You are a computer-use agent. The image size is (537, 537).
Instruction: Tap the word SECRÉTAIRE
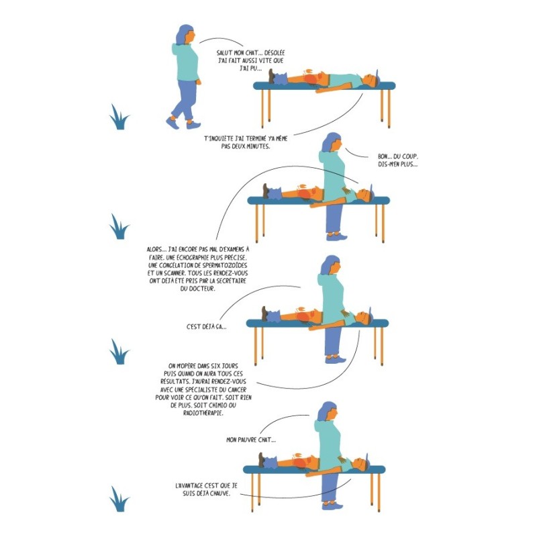coord(229,282)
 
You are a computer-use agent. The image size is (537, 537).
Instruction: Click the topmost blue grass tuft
coord(119,117)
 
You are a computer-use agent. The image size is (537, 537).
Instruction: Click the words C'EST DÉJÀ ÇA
coord(206,327)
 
